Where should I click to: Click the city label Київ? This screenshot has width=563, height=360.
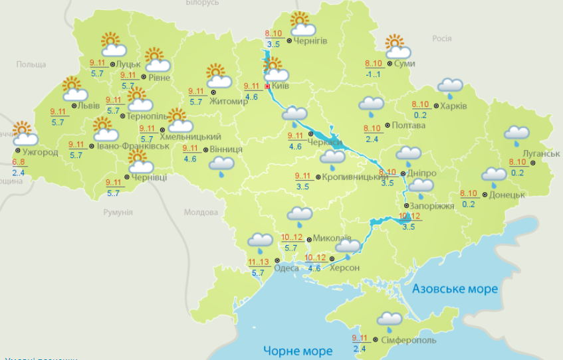coord(281,86)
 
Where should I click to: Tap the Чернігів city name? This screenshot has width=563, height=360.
coord(310,41)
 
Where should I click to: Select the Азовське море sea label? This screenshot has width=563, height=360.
coord(455,289)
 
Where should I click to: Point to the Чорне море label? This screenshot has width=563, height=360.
coord(297,351)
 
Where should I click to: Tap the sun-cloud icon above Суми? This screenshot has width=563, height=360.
coord(397,46)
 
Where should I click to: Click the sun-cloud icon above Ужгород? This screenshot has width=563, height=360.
coord(25,134)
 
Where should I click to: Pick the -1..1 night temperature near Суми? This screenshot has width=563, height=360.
coord(373,74)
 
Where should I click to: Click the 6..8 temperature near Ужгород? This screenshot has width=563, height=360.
coord(18,162)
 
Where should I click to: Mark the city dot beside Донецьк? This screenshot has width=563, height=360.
coord(485,195)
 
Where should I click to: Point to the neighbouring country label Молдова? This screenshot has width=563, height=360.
coord(201,213)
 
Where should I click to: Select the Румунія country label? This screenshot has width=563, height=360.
coord(118,212)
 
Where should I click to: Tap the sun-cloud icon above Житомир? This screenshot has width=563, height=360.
coord(218,76)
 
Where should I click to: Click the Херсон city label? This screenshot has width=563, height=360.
coord(344,268)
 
